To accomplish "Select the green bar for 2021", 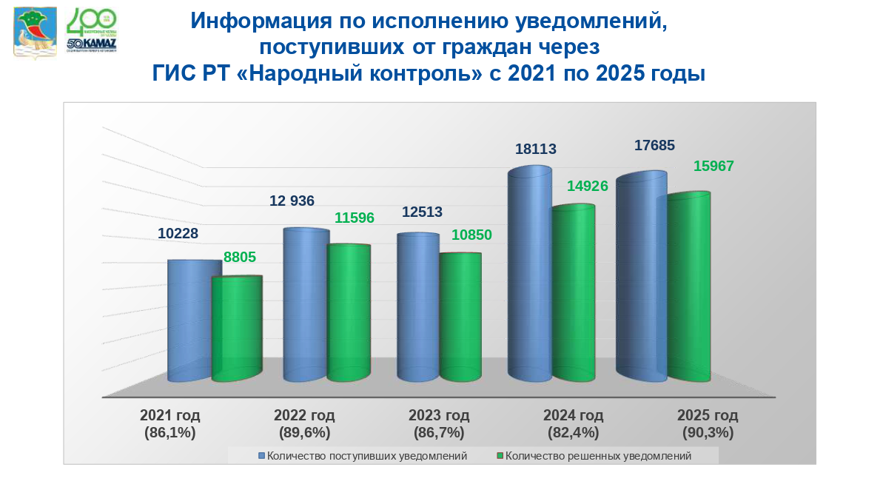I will pyautogui.click(x=237, y=329).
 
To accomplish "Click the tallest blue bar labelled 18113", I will pyautogui.click(x=529, y=274).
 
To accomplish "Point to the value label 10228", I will pyautogui.click(x=178, y=233).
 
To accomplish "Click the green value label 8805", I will pyautogui.click(x=239, y=258).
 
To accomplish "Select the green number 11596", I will pyautogui.click(x=354, y=218).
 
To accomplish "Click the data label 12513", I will pyautogui.click(x=422, y=212).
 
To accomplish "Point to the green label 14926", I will pyautogui.click(x=587, y=186).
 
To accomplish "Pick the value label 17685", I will pyautogui.click(x=654, y=146).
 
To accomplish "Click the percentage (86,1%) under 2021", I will pyautogui.click(x=170, y=433).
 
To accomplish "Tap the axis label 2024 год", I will pyautogui.click(x=573, y=415).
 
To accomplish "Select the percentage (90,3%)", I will pyautogui.click(x=708, y=433).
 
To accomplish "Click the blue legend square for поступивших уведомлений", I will pyautogui.click(x=261, y=456).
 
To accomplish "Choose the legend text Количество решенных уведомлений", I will pyautogui.click(x=599, y=456).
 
